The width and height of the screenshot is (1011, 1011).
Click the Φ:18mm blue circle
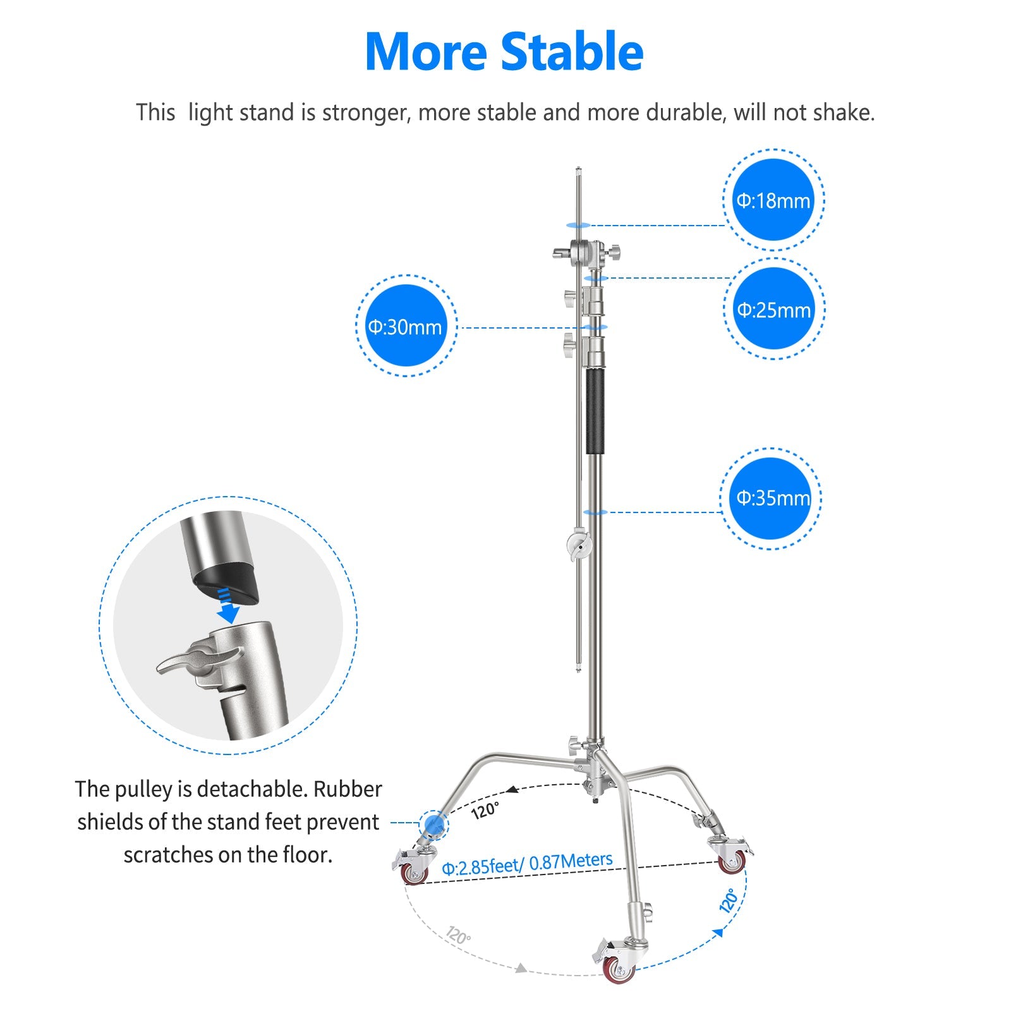click(x=773, y=200)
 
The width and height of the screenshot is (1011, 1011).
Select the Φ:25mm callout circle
click(x=773, y=309)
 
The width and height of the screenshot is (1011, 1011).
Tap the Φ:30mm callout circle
click(x=406, y=326)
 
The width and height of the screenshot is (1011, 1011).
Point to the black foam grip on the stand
click(x=595, y=411)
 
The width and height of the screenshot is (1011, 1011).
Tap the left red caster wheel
click(x=414, y=873)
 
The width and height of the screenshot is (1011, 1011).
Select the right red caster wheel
click(x=732, y=862)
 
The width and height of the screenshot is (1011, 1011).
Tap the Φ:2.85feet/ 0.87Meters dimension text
click(x=527, y=863)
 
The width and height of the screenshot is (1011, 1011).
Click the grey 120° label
click(x=459, y=935)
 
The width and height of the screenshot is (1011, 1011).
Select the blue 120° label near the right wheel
click(x=729, y=900)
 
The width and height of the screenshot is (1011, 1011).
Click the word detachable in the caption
click(x=251, y=789)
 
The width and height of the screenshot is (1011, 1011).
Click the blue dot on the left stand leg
click(x=433, y=823)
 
